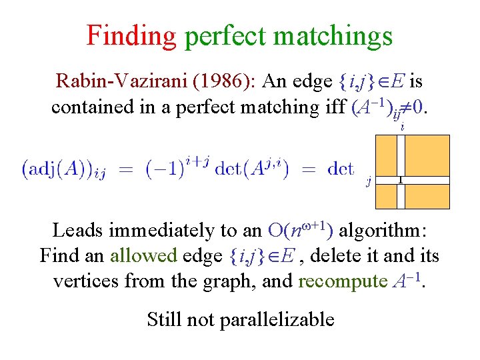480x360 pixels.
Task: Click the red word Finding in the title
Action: [131, 36]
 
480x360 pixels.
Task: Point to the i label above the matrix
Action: [401, 125]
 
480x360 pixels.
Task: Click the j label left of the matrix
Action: [368, 179]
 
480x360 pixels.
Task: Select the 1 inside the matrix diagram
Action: [400, 179]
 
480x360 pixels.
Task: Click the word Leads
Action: [77, 231]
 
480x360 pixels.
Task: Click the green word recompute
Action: [340, 281]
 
